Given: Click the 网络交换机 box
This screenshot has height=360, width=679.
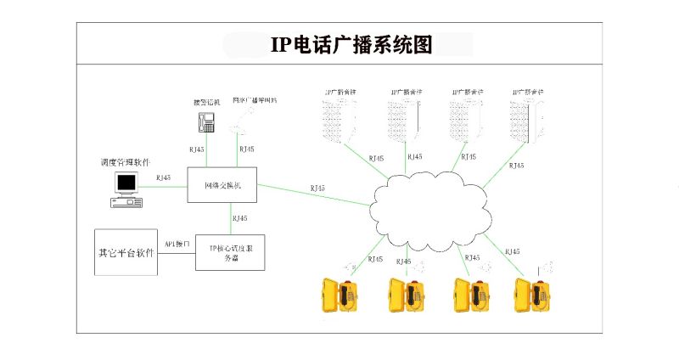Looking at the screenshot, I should (222, 185).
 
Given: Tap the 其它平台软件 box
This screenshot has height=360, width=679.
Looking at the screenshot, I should (126, 252).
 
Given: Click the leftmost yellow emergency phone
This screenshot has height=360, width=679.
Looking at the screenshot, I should (338, 295).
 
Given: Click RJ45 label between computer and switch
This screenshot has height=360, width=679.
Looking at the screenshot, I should (163, 177).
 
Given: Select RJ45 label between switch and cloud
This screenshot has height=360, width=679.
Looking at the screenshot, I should (317, 188).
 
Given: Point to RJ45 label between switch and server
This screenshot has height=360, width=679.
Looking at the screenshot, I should (240, 218).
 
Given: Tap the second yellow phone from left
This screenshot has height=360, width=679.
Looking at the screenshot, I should (405, 295).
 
